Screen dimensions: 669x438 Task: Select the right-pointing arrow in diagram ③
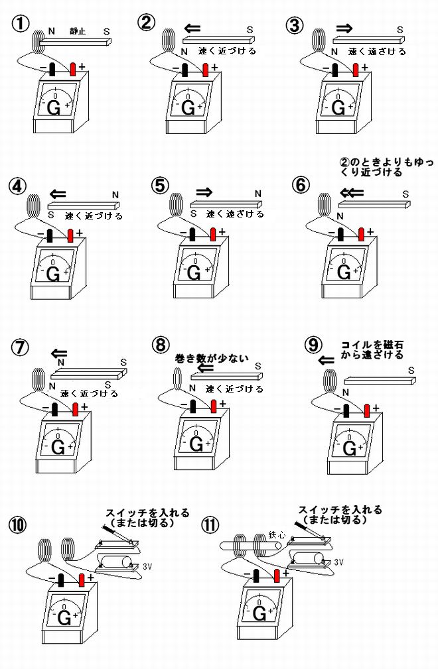point(343,29)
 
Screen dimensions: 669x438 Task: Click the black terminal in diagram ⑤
point(193,234)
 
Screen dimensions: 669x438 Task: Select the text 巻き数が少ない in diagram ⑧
point(211,359)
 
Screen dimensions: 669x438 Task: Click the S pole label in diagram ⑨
point(411,371)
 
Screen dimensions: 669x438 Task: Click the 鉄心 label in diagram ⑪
point(276,534)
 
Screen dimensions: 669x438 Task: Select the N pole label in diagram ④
point(115,194)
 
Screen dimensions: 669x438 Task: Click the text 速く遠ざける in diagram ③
point(376,51)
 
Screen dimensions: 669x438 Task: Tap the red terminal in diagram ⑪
point(277,575)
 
